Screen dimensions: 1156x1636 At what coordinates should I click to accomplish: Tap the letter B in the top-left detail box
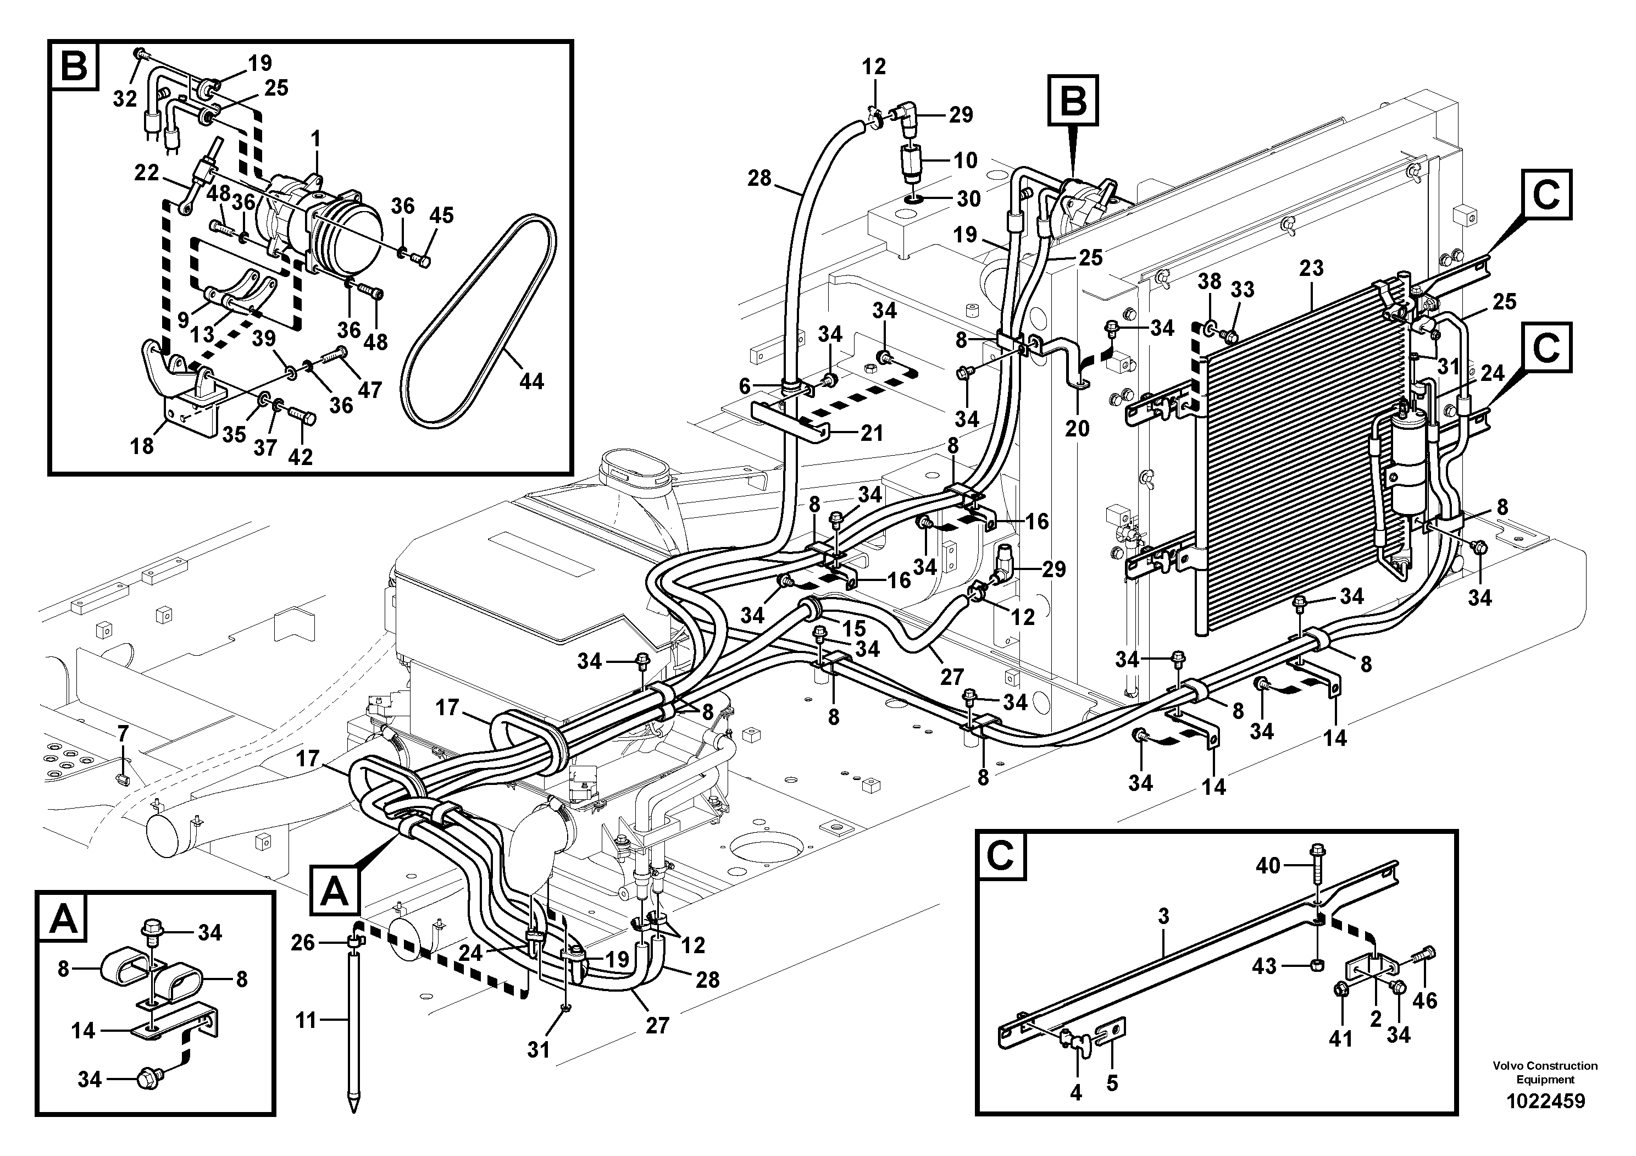74,67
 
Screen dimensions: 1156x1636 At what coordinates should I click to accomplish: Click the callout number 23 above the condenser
1311,268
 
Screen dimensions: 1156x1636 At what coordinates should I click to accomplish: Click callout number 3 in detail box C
1163,916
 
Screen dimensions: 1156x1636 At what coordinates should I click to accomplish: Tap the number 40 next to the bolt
1268,866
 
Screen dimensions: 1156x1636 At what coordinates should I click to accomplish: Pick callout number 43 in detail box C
1264,967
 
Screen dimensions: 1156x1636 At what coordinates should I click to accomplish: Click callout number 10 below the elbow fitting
966,161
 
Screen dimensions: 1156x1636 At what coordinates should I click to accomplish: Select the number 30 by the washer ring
968,199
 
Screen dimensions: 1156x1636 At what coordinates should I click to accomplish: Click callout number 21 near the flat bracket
870,433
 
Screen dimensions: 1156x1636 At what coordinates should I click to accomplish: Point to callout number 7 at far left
123,733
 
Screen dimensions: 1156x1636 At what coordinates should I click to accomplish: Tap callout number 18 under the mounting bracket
142,446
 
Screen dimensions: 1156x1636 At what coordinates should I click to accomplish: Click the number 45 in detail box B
441,215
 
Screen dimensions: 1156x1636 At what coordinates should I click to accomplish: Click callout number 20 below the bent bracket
1077,428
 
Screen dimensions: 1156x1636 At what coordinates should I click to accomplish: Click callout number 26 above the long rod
303,943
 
